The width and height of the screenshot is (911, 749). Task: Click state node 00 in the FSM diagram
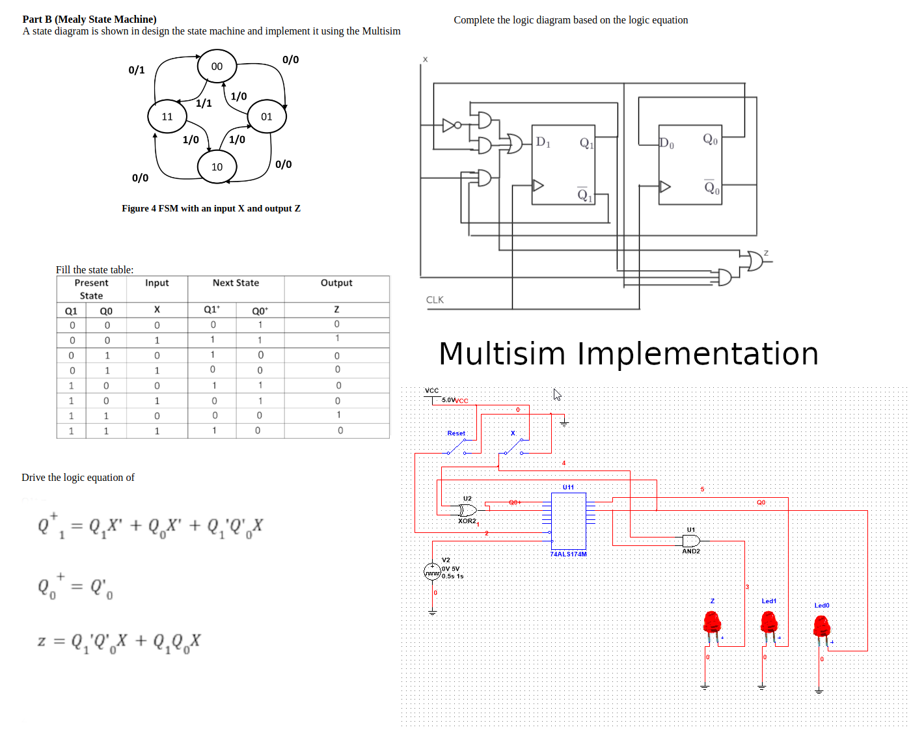pos(217,66)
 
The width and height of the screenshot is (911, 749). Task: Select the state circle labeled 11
pos(167,116)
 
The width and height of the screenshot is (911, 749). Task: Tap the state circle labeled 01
pos(267,116)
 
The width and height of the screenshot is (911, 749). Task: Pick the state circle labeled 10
pos(217,167)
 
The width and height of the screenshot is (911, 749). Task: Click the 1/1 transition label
pos(204,103)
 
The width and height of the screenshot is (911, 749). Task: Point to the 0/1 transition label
pos(137,70)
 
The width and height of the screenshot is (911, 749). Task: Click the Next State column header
pos(236,283)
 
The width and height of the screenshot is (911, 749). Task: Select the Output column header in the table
pos(336,283)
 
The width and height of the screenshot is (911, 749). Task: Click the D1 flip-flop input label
pos(543,143)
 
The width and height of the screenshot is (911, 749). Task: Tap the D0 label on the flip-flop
pos(667,143)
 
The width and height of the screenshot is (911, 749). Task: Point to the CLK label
pos(435,300)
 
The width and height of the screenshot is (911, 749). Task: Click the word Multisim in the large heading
pos(502,354)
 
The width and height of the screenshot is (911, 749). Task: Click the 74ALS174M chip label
pos(568,554)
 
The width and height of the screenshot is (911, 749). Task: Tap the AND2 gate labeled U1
pos(690,541)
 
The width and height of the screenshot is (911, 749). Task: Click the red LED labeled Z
pos(712,623)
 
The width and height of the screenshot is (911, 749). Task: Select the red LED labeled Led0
pos(821,627)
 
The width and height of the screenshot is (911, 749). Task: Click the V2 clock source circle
pos(432,572)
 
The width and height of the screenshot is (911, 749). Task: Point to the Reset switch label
pos(456,433)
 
